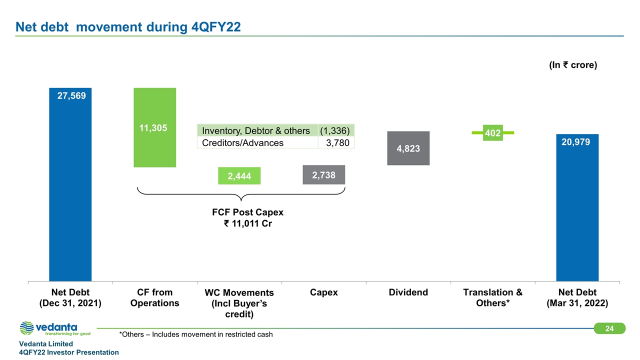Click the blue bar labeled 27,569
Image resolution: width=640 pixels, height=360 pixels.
[x=70, y=185]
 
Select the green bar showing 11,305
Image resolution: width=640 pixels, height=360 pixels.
[x=154, y=127]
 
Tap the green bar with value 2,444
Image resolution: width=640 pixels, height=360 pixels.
[x=239, y=175]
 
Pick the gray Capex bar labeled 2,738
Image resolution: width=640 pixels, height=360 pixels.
[x=323, y=174]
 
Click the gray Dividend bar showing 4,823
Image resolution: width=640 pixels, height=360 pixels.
[x=408, y=148]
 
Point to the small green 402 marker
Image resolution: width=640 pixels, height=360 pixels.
[x=492, y=132]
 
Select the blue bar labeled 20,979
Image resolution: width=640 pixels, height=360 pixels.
[x=577, y=207]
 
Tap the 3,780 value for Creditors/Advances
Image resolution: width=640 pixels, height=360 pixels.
[x=337, y=142]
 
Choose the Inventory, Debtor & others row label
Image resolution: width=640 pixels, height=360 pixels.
[x=256, y=130]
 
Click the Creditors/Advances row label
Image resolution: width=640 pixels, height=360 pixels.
[x=242, y=142]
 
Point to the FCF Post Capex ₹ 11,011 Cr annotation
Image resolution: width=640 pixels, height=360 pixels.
[x=247, y=218]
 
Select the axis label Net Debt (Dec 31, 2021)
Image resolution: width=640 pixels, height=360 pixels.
[x=70, y=297]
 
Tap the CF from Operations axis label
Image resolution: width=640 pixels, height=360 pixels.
[x=154, y=297]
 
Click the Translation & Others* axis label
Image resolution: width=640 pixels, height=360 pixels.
[x=492, y=297]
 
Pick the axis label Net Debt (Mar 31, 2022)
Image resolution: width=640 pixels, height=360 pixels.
[x=577, y=297]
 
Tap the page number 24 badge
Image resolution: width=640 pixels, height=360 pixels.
[x=609, y=328]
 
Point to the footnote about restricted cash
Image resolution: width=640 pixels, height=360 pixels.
[x=196, y=334]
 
